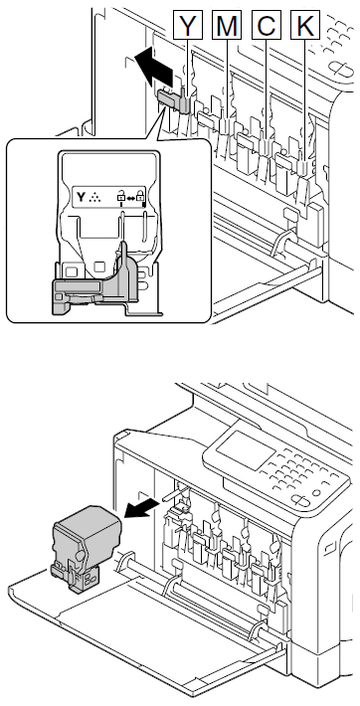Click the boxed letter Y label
(x=187, y=25)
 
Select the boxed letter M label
(x=227, y=25)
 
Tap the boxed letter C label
(x=267, y=25)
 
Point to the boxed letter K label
(x=305, y=25)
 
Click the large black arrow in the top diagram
(x=154, y=67)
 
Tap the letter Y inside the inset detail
(x=81, y=197)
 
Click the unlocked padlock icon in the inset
(x=121, y=196)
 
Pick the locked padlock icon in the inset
(x=140, y=196)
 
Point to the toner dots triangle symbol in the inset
(x=94, y=197)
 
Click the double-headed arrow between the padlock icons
(x=130, y=197)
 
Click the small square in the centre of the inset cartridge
(x=99, y=266)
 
